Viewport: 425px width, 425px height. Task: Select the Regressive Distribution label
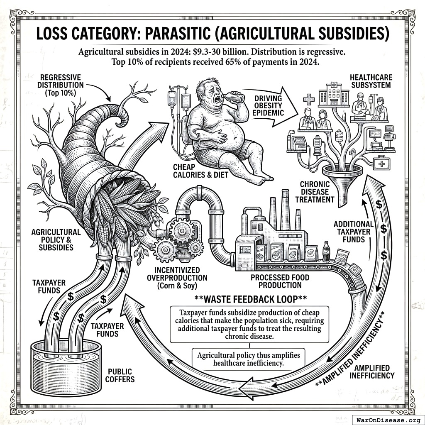coord(61,85)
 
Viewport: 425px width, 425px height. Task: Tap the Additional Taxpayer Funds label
coord(354,232)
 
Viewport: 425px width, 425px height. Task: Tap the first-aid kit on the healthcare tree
coord(381,163)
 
